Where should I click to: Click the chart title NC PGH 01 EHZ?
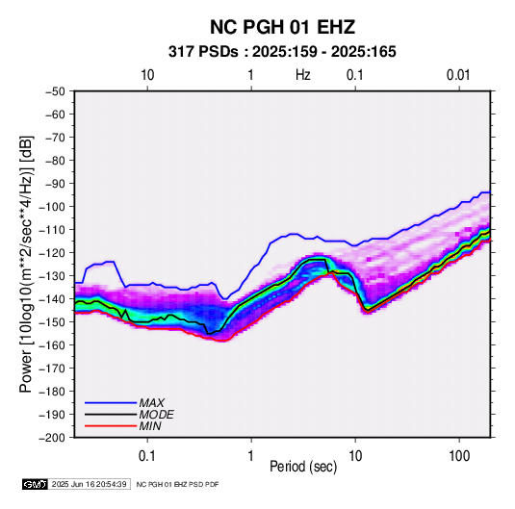[x=282, y=27]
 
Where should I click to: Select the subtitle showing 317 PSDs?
[x=282, y=52]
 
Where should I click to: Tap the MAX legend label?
[x=151, y=402]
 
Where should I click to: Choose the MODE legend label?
[x=156, y=415]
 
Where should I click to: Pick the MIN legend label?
[x=150, y=426]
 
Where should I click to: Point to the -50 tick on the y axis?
[x=55, y=91]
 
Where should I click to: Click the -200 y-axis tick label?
[x=53, y=438]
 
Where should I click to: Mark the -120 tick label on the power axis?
[x=53, y=253]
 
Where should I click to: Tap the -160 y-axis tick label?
[x=53, y=345]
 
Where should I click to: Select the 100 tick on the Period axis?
[x=459, y=456]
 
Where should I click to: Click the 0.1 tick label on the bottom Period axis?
[x=147, y=456]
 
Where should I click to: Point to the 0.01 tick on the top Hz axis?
[x=458, y=75]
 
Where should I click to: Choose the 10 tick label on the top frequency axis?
[x=147, y=75]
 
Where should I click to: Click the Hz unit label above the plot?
[x=303, y=75]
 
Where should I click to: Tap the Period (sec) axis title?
[x=303, y=467]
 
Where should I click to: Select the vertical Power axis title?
[x=26, y=264]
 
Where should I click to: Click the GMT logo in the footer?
[x=35, y=484]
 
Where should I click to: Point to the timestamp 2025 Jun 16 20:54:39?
[x=89, y=484]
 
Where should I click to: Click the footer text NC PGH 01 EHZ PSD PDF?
[x=177, y=484]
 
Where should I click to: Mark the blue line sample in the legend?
[x=111, y=403]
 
